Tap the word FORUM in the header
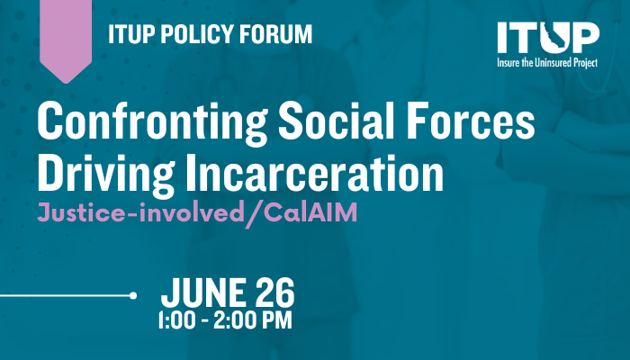(275, 34)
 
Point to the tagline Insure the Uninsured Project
(547, 63)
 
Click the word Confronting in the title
(152, 122)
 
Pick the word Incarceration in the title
(315, 173)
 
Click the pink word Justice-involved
(140, 212)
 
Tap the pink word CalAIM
(310, 212)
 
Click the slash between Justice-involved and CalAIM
(254, 214)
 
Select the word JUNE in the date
(203, 292)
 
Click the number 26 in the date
(275, 292)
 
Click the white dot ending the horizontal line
(133, 296)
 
